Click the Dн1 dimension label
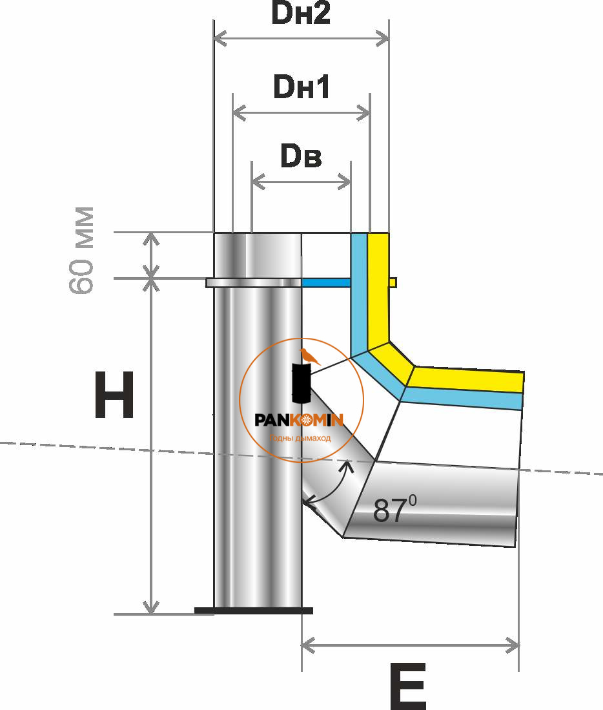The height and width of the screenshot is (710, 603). click(301, 87)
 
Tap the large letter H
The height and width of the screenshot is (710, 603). click(114, 395)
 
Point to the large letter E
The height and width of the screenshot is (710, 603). click(407, 686)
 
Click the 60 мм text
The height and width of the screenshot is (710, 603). click(83, 251)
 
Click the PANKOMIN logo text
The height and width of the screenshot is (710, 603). click(299, 421)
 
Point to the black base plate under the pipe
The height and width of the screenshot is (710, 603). click(253, 610)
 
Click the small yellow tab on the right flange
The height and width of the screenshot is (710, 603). click(393, 282)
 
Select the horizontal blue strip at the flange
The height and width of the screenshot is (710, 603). click(326, 282)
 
